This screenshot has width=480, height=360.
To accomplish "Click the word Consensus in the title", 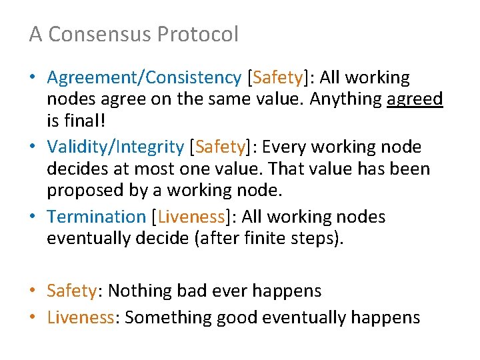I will point(99,34).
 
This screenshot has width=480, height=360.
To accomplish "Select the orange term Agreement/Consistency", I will point(143,78).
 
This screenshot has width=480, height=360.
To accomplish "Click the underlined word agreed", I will point(415,99).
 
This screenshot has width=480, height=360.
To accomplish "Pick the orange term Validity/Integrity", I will point(115,147).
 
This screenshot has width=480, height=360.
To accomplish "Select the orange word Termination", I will point(96,217).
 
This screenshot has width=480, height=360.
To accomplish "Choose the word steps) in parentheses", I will point(318,238).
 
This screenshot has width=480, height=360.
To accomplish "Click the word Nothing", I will point(138,291).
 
